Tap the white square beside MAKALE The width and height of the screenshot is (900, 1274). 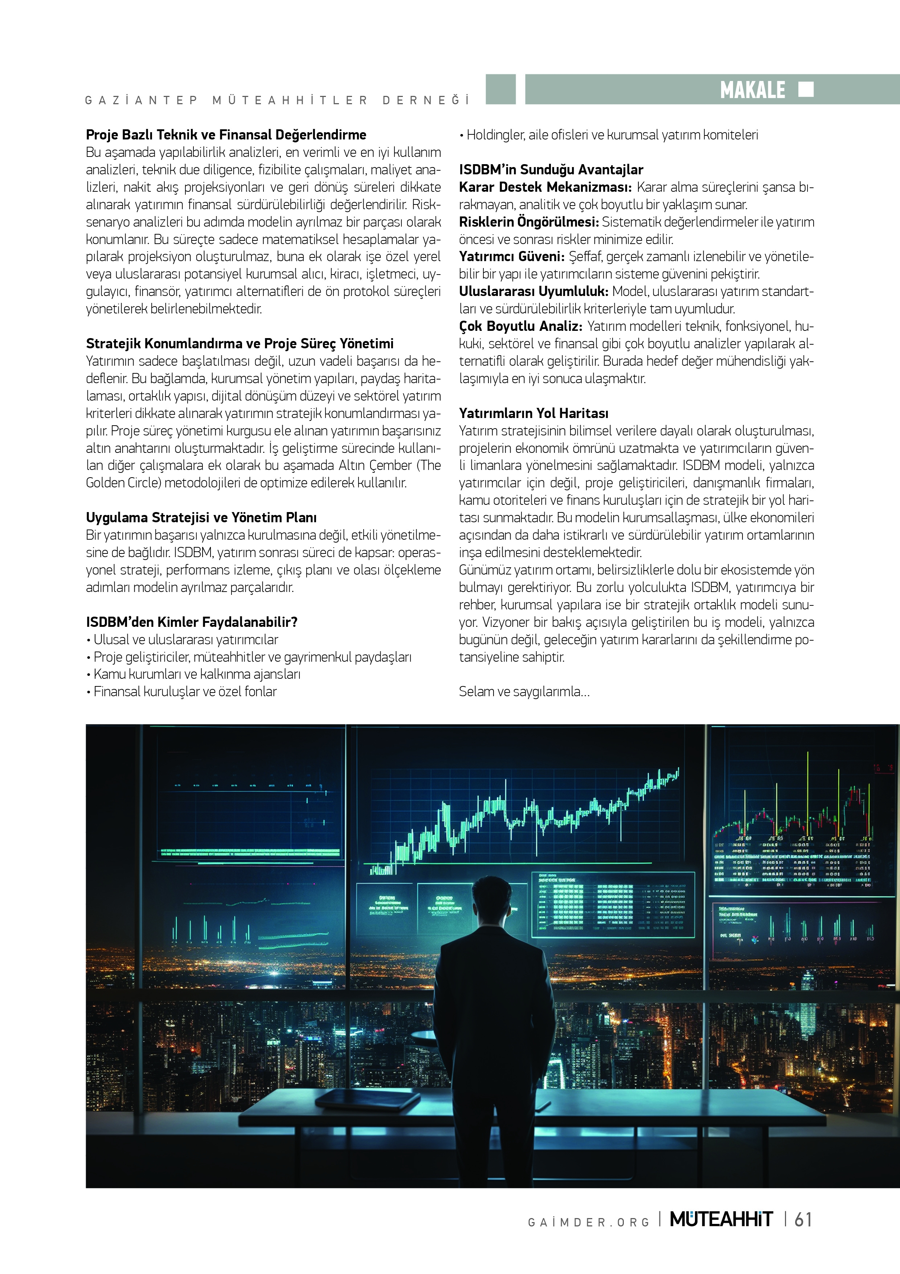tap(806, 89)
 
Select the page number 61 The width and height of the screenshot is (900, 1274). tap(803, 1220)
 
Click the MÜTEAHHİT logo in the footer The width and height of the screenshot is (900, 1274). tap(721, 1220)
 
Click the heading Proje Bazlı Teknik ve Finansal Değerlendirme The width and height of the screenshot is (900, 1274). tap(226, 135)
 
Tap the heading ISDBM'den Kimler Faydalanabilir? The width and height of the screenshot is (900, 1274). tap(191, 622)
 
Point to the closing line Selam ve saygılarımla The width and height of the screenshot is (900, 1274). tap(523, 692)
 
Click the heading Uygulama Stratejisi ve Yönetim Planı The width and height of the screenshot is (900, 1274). tap(201, 518)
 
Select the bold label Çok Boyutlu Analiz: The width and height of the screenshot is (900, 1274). tap(520, 326)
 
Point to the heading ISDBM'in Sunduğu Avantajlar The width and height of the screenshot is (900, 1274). tap(551, 170)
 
